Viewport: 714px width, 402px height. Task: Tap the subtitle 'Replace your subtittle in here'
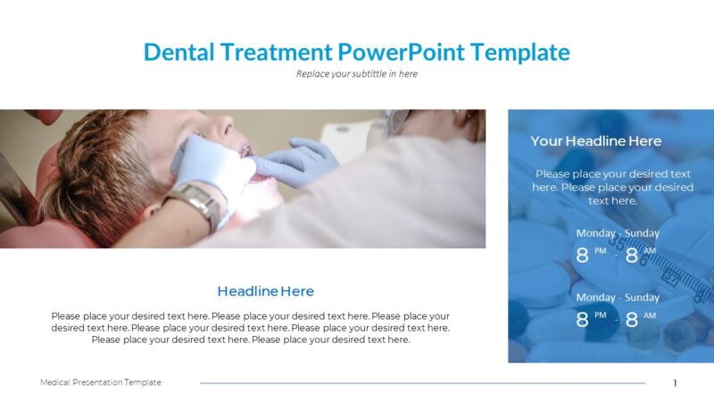coord(356,74)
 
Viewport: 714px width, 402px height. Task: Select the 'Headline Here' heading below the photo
coord(265,291)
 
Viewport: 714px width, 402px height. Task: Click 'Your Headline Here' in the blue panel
coord(595,141)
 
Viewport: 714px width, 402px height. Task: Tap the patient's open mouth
coord(261,176)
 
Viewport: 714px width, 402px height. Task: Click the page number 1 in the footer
coord(675,383)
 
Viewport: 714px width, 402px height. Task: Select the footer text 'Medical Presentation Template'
coord(101,382)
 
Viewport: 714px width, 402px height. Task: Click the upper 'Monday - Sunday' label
coord(618,233)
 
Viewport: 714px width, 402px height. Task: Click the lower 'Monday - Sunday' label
coord(618,297)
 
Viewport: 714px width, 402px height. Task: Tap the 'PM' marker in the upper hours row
coord(600,251)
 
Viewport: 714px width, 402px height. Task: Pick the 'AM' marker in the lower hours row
coord(650,315)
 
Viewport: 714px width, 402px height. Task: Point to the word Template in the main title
coord(520,52)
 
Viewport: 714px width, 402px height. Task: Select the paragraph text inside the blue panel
coord(612,188)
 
